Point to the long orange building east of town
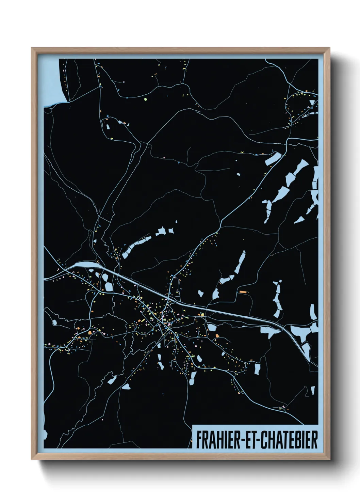pos(243,292)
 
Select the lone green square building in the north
pos(145,99)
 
